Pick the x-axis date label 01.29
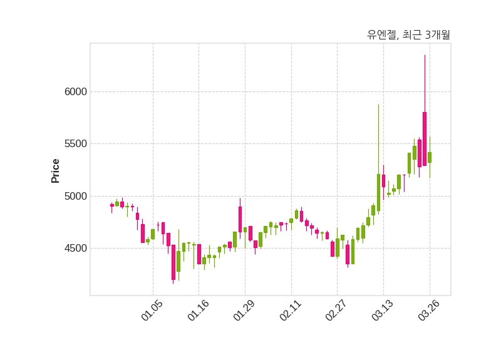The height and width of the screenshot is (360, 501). tap(244, 311)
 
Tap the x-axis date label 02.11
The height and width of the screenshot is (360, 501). tap(290, 311)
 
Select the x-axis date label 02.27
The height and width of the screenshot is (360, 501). tap(336, 311)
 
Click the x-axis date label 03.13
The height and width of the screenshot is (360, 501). tap(383, 311)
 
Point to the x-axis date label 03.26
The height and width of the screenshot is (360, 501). tap(429, 311)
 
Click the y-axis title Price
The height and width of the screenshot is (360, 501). tap(56, 170)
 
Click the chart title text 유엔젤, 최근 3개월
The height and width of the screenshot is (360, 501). tap(408, 35)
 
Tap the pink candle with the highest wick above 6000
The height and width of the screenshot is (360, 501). tap(425, 138)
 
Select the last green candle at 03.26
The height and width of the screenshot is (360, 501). tap(430, 157)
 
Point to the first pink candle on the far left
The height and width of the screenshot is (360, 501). tap(112, 205)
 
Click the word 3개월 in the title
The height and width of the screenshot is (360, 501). tap(437, 35)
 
